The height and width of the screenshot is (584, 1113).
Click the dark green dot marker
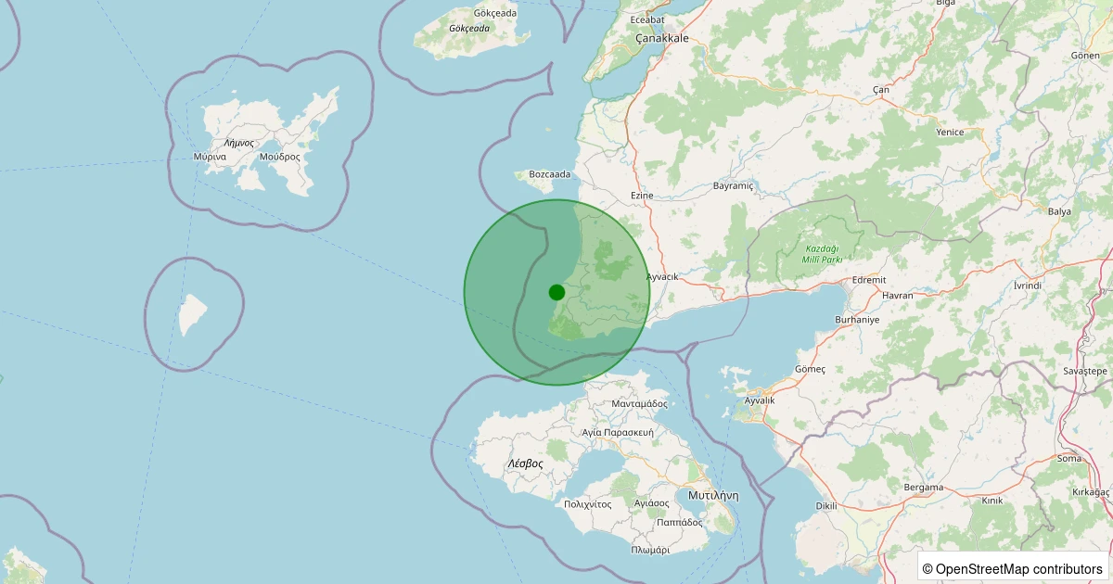click(x=556, y=292)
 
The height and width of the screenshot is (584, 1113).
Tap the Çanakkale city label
click(x=662, y=38)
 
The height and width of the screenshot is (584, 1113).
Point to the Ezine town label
click(x=642, y=196)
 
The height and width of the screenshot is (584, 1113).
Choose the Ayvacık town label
click(x=662, y=277)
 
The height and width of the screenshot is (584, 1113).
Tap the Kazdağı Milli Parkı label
click(x=824, y=254)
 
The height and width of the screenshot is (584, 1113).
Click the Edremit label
click(x=869, y=279)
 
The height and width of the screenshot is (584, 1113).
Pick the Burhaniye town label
click(x=856, y=319)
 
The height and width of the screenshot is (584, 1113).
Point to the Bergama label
click(x=923, y=487)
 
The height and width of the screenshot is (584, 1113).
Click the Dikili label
click(x=825, y=506)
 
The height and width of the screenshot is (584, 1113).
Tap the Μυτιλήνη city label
click(x=713, y=496)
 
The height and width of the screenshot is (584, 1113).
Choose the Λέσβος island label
click(x=525, y=463)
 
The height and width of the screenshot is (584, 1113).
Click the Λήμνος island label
click(x=238, y=144)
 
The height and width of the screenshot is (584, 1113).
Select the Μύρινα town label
click(x=211, y=158)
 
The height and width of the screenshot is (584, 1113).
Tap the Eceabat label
click(x=647, y=19)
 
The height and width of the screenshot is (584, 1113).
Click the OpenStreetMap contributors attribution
click(x=1014, y=568)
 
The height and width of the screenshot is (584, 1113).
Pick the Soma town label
click(x=1068, y=458)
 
